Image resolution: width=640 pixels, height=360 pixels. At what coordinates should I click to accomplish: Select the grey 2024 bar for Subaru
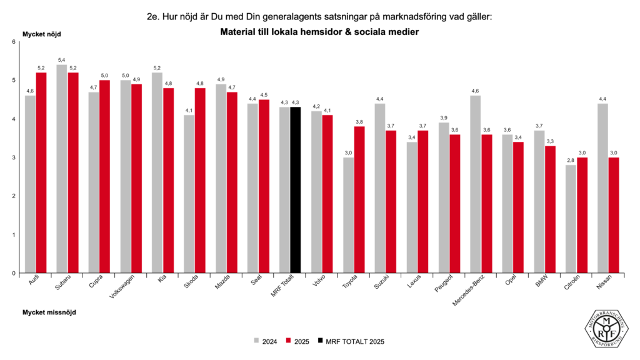62,169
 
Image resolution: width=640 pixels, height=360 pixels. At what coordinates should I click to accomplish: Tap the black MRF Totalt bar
296,190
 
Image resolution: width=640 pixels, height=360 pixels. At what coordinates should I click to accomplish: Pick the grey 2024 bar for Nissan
602,188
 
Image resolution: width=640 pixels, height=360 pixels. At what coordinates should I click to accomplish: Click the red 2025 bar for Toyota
359,199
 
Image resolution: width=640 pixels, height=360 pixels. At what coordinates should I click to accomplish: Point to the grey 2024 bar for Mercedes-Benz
476,184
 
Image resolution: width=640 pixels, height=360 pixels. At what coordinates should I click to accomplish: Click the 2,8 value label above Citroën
571,160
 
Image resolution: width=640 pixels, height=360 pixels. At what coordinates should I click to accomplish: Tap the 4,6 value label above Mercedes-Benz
476,91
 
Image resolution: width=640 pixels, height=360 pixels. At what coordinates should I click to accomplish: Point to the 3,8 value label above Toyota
359,122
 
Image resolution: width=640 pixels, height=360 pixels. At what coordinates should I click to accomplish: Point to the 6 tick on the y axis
13,42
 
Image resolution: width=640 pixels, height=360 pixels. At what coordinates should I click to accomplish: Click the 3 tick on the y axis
13,157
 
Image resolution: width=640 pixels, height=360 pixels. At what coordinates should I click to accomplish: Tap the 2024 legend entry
266,341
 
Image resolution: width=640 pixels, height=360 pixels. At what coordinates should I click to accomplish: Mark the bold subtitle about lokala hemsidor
319,31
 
